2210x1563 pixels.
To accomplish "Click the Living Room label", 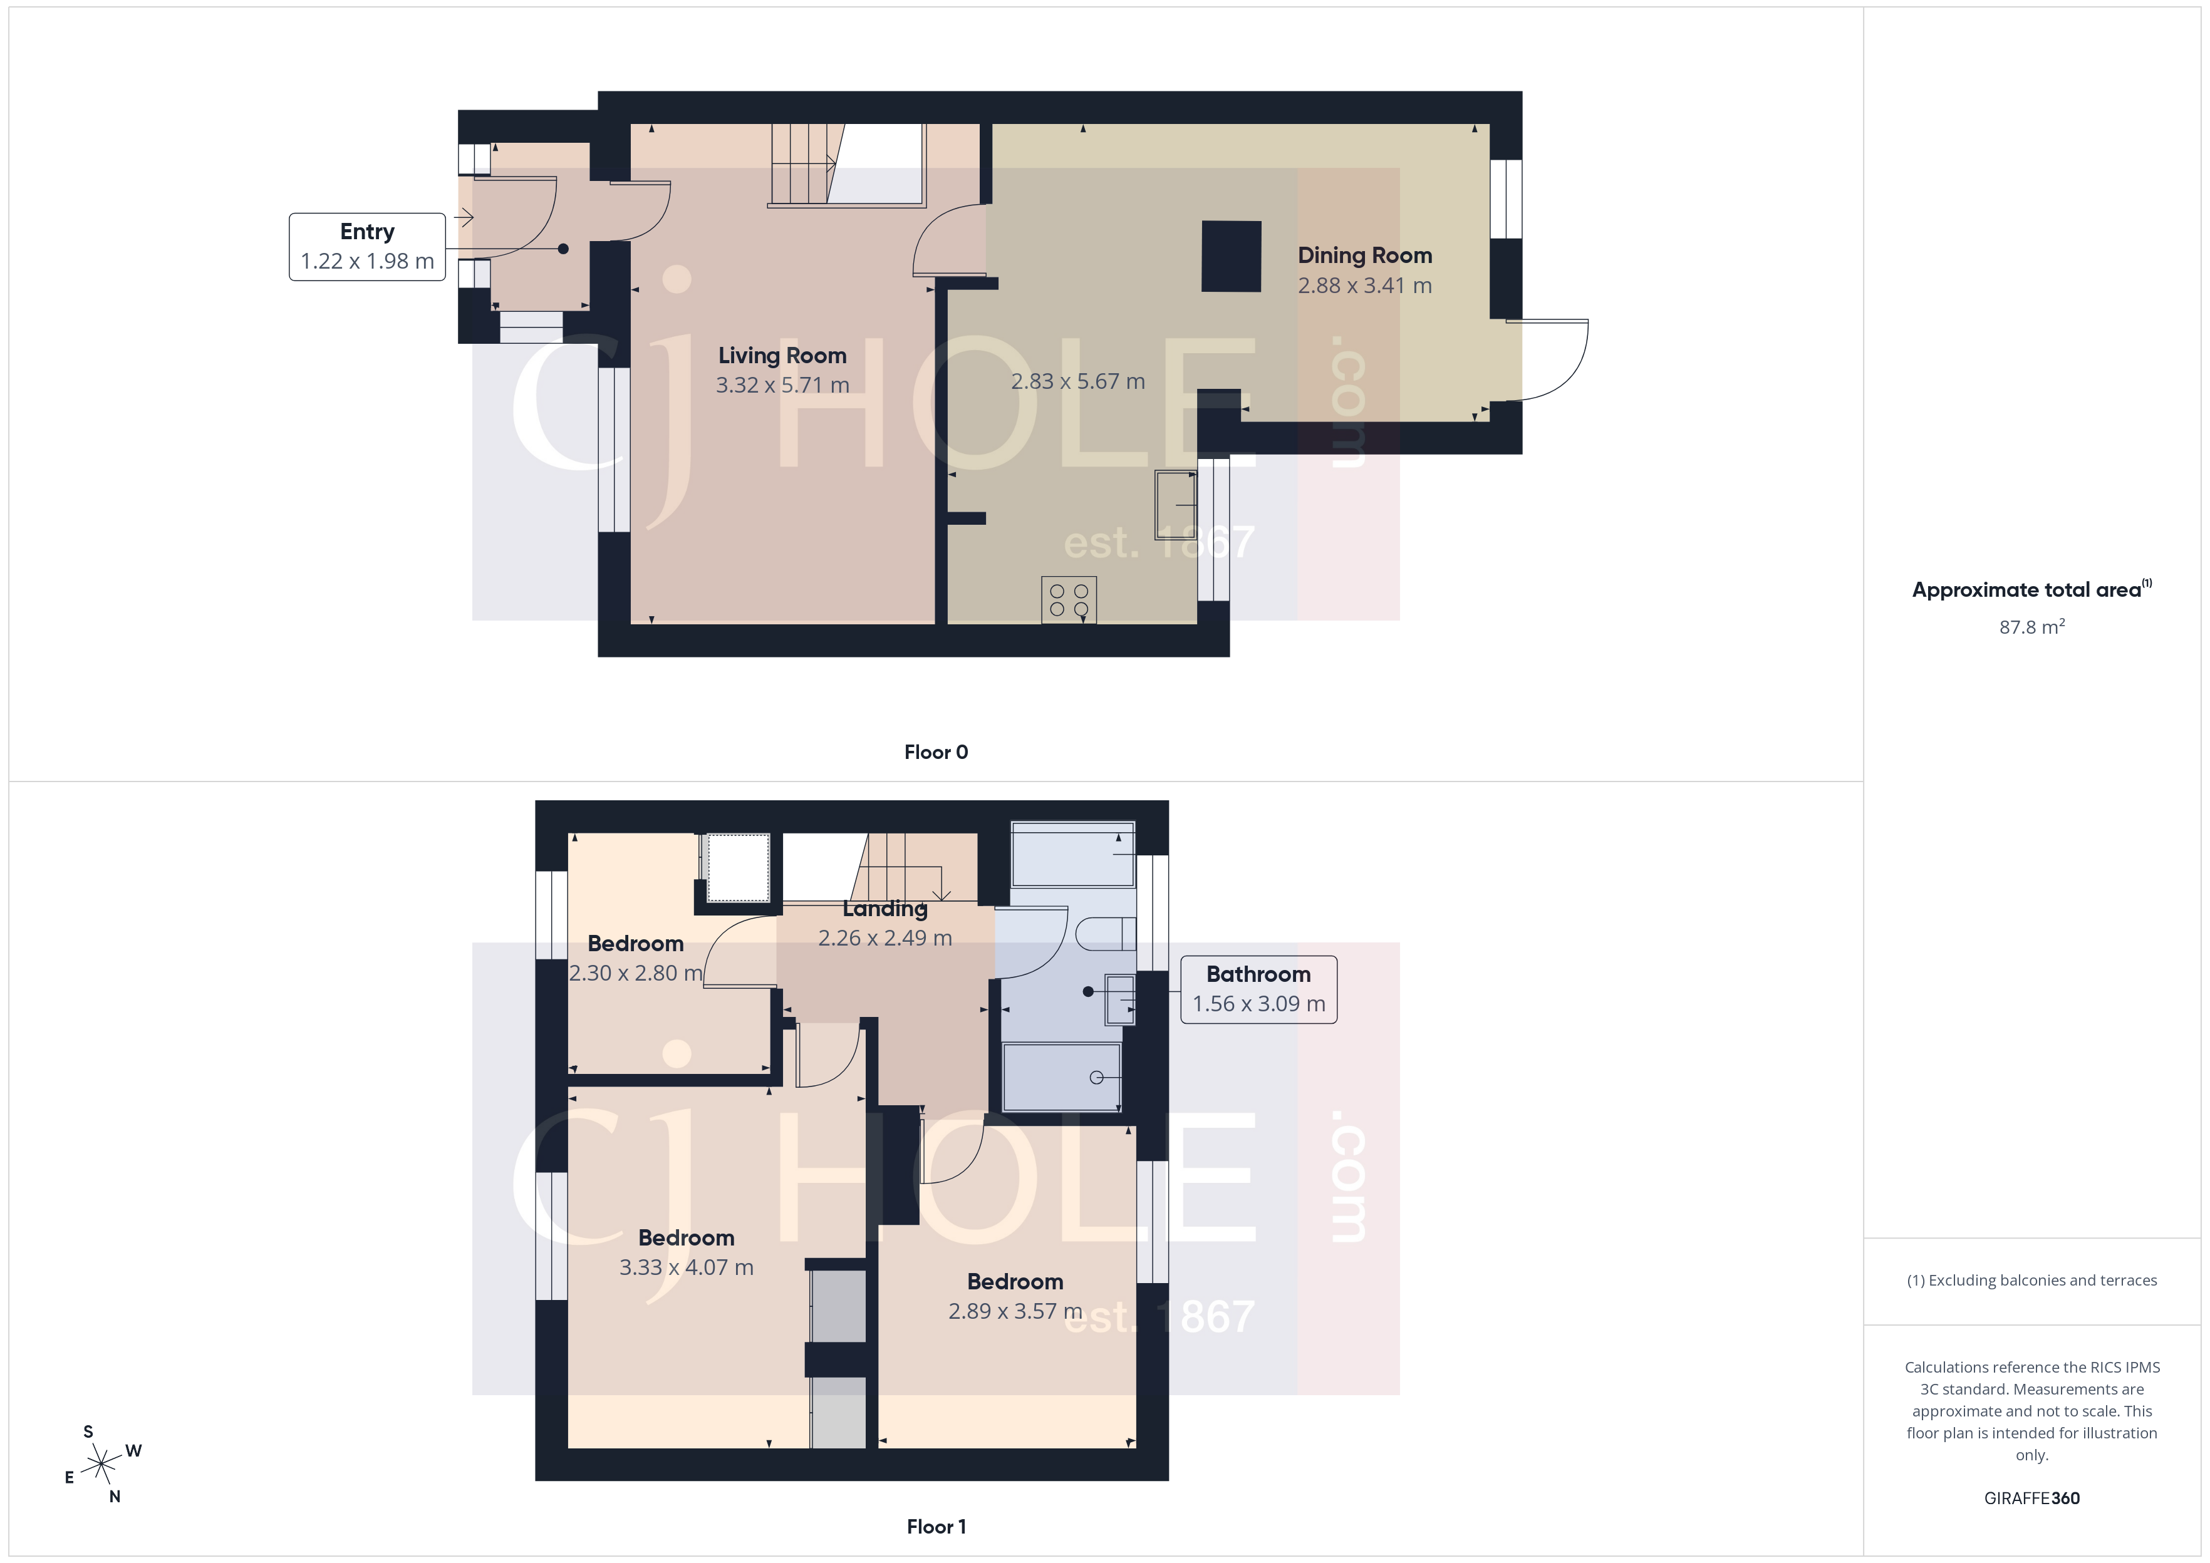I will (782, 355).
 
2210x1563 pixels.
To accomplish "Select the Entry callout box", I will (366, 246).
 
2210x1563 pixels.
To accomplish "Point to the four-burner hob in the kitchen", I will (1069, 600).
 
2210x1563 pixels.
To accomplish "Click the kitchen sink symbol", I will (1175, 504).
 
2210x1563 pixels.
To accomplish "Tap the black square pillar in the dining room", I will (1231, 256).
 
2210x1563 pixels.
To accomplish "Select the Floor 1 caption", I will (936, 1527).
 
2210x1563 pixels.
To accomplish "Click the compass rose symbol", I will (101, 1465).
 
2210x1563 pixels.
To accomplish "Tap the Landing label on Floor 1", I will (885, 909).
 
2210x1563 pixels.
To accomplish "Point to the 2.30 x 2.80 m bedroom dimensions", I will (635, 973).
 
